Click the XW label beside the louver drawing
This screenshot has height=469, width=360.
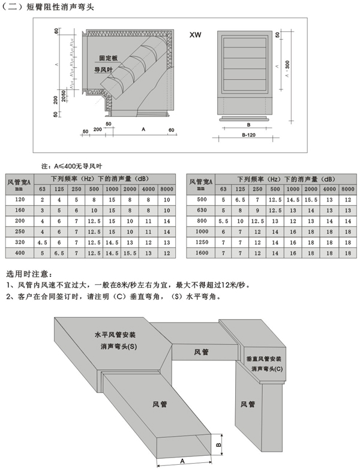(x=194, y=35)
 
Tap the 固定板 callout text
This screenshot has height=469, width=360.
(x=109, y=59)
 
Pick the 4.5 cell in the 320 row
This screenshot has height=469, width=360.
(x=42, y=243)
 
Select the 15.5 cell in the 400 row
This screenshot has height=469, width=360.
(x=130, y=254)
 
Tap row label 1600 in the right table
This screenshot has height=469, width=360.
(x=201, y=254)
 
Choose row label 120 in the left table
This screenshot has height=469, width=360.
(x=20, y=199)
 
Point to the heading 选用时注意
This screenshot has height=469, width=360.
(x=29, y=273)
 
